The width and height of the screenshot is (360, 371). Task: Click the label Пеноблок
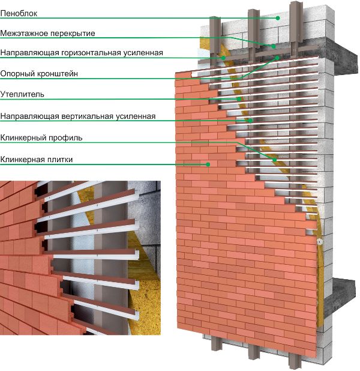pyautogui.click(x=19, y=13)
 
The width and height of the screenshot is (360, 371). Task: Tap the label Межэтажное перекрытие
pyautogui.click(x=47, y=33)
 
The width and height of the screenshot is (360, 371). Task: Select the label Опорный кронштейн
pyautogui.click(x=39, y=74)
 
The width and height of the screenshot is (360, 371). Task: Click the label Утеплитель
pyautogui.click(x=22, y=94)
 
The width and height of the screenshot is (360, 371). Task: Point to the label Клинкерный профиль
pyautogui.click(x=41, y=137)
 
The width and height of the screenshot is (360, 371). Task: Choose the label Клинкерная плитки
pyautogui.click(x=37, y=159)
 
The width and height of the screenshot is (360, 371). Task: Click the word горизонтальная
pyautogui.click(x=91, y=52)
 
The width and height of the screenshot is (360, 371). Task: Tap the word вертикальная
pyautogui.click(x=87, y=116)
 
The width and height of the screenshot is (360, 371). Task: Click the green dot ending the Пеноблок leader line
pyautogui.click(x=278, y=18)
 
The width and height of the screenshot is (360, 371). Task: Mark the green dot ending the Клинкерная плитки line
pyautogui.click(x=208, y=164)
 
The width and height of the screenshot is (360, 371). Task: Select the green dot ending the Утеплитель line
pyautogui.click(x=239, y=99)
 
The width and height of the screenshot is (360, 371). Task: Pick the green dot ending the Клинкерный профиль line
pyautogui.click(x=275, y=160)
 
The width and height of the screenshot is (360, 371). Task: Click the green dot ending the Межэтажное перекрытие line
pyautogui.click(x=274, y=46)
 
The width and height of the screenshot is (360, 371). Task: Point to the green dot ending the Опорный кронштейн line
pyautogui.click(x=277, y=58)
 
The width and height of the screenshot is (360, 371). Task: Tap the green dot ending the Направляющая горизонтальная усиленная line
pyautogui.click(x=223, y=58)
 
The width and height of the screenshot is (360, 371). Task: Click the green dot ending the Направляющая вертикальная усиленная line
pyautogui.click(x=250, y=121)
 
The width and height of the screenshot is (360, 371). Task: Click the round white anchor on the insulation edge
pyautogui.click(x=320, y=242)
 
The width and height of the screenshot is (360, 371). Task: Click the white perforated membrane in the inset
pyautogui.click(x=80, y=251)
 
